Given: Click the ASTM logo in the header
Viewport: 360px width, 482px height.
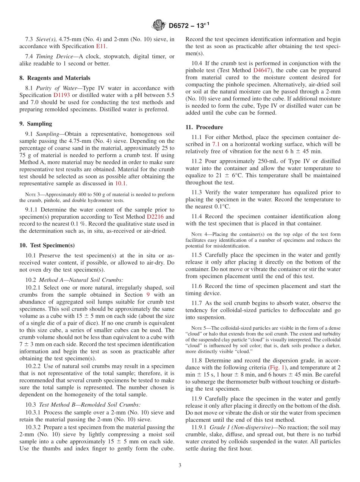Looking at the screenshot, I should click(x=158, y=25).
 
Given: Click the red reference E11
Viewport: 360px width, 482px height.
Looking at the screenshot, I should click(x=101, y=46).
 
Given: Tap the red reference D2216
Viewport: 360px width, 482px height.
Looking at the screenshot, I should click(x=155, y=217).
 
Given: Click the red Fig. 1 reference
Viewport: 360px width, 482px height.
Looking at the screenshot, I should click(x=277, y=368).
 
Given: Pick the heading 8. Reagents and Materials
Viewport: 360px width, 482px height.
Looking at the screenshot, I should click(x=55, y=78).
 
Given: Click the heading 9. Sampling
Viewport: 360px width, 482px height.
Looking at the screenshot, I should click(x=36, y=124).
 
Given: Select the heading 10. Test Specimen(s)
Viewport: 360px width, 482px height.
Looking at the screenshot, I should click(x=47, y=245).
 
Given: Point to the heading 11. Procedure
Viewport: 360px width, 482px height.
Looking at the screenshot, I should click(x=204, y=127).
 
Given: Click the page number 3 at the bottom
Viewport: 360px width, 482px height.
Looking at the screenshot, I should click(x=180, y=465).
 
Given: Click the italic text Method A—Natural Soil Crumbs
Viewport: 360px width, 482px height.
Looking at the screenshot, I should click(x=81, y=280).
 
